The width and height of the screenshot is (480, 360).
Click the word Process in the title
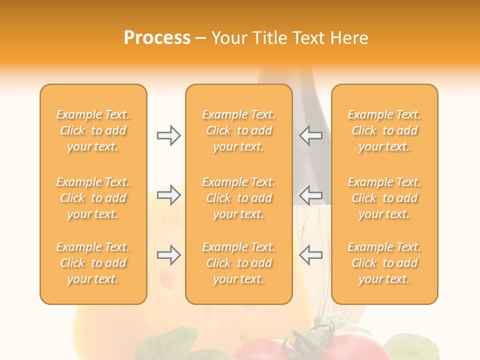point(157,38)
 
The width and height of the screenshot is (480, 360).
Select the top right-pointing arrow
point(168,135)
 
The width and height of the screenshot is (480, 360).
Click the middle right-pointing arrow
point(168,194)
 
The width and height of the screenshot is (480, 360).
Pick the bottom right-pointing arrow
point(168,255)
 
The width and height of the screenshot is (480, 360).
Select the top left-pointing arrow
point(311,135)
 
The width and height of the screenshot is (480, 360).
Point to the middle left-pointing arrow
point(311,194)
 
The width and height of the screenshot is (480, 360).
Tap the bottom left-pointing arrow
point(311,255)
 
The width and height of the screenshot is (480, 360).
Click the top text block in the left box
point(93,130)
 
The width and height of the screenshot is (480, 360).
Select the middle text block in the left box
point(93,198)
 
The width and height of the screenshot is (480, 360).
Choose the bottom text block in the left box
point(93,263)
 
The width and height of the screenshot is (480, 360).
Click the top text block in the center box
point(238,130)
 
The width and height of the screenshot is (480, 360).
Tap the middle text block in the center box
point(238,198)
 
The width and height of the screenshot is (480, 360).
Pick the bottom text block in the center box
point(238,263)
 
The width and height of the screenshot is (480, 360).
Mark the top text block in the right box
point(384,130)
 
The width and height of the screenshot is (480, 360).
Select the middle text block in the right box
point(384,198)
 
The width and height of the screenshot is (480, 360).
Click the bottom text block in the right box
point(384,263)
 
